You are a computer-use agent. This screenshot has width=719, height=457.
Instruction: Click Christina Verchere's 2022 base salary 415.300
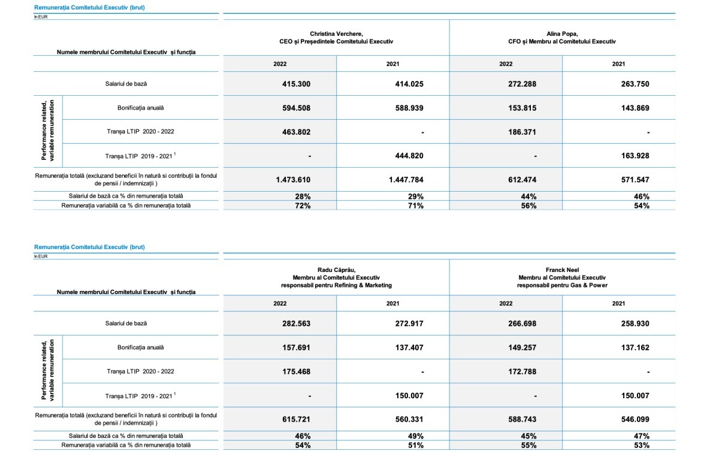296,84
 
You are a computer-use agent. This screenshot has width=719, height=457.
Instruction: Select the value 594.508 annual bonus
296,108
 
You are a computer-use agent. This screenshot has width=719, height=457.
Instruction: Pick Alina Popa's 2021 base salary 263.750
635,84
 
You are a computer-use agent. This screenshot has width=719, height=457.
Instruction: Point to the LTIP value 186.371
522,132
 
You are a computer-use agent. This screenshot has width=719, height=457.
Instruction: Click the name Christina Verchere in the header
336,34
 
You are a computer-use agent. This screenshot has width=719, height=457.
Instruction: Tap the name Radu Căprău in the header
336,270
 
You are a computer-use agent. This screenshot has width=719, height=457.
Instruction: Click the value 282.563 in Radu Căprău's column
296,323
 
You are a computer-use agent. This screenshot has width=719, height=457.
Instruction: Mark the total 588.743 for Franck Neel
522,419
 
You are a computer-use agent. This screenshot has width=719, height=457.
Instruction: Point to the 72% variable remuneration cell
302,205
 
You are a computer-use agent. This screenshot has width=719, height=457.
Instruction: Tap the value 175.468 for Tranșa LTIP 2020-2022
296,371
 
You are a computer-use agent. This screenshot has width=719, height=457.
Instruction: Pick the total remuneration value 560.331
409,419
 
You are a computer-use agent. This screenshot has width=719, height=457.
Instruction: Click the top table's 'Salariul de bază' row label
126,84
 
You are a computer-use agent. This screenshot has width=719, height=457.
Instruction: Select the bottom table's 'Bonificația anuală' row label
140,347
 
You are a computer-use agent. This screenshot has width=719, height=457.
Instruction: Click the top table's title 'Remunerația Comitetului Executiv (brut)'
89,7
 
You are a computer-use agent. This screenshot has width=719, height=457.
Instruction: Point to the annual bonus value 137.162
635,347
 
